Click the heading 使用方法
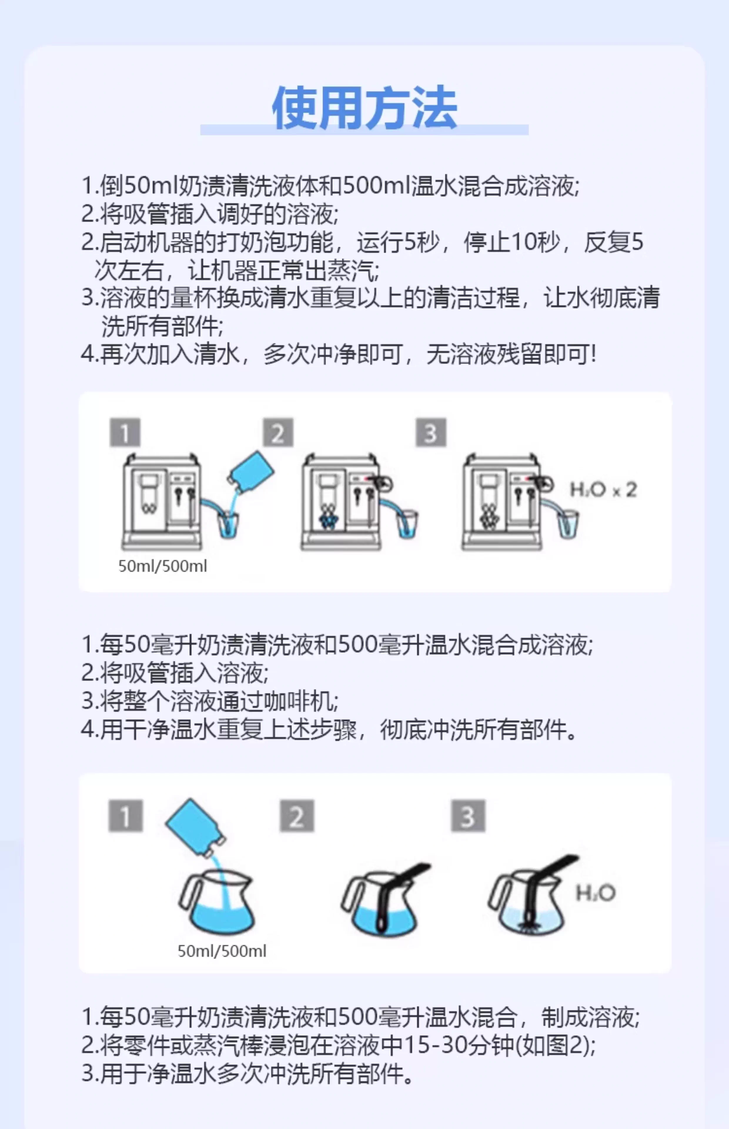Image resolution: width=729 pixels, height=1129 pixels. [364, 108]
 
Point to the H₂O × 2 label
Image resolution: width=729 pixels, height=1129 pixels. [603, 490]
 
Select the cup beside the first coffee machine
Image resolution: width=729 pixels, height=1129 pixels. [228, 525]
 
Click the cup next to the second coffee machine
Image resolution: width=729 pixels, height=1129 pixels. [407, 524]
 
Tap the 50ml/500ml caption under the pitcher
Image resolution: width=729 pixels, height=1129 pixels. [222, 951]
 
